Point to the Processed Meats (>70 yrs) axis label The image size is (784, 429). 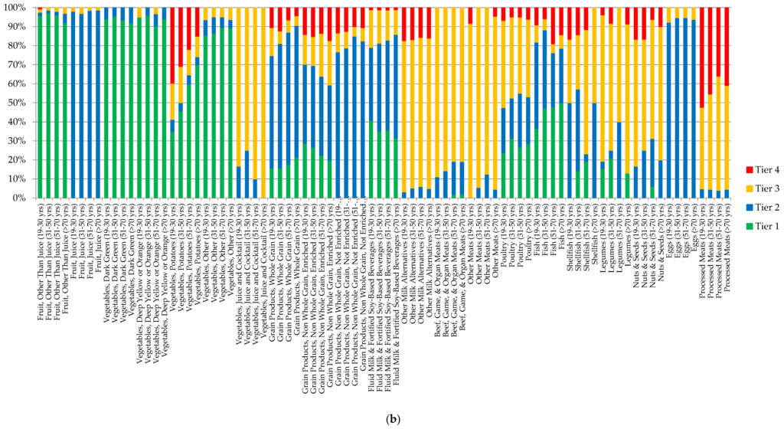tap(727, 240)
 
